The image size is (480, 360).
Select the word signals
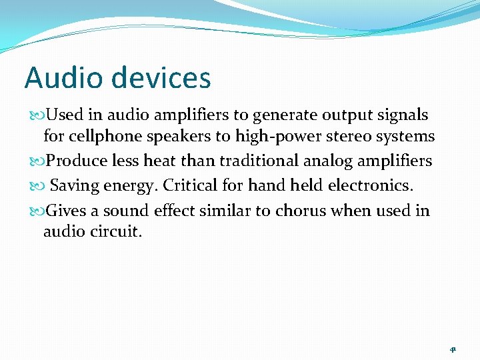pos(403,115)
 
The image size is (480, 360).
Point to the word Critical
pos(189,185)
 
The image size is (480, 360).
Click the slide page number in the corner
pos(453,349)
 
